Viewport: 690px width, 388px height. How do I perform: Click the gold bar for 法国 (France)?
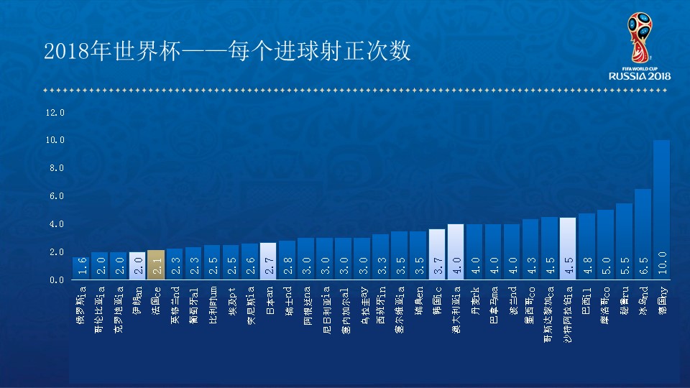156,265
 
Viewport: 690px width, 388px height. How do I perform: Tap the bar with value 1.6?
81,269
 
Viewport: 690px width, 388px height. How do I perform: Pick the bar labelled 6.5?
643,234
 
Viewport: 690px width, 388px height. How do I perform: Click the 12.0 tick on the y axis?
55,113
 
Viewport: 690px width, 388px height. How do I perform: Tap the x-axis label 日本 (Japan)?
268,297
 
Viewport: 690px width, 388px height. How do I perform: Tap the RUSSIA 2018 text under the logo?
640,76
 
